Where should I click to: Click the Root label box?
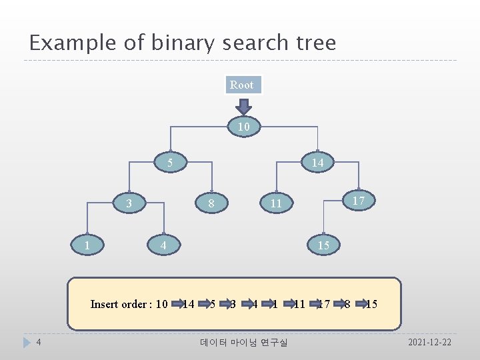(x=241, y=85)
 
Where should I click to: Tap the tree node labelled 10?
(x=243, y=127)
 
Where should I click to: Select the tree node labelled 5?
(x=171, y=162)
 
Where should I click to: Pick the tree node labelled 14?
(x=317, y=163)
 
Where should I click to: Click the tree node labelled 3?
(x=129, y=203)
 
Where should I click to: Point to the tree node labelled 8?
(x=211, y=203)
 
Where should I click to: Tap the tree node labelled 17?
(x=358, y=199)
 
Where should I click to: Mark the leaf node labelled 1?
(x=87, y=245)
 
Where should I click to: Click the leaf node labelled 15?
(x=323, y=245)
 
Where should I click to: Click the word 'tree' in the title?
(x=314, y=43)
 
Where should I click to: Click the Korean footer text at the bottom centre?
(x=243, y=343)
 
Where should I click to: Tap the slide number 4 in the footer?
(x=39, y=342)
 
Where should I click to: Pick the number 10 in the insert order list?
(x=161, y=304)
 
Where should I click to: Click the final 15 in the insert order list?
(x=371, y=304)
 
